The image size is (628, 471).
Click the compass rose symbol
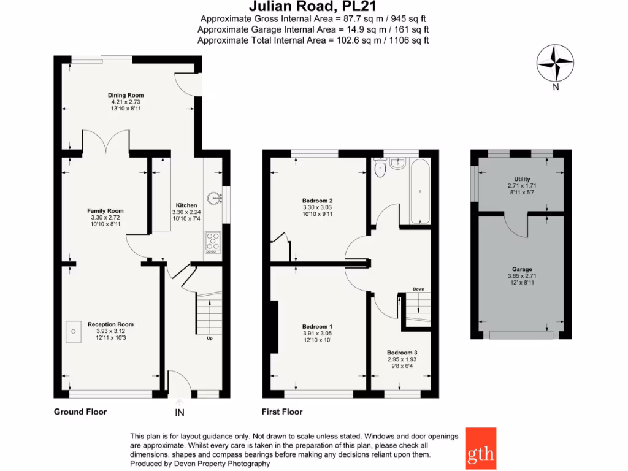tap(555, 64)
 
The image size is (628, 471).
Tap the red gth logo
tap(481, 448)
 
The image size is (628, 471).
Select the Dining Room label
tap(126, 95)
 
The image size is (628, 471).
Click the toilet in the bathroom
tap(380, 169)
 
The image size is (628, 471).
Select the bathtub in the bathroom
tap(420, 191)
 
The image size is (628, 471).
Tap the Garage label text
tap(522, 269)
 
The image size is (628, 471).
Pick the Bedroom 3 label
tap(402, 353)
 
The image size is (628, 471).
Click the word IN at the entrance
tap(180, 413)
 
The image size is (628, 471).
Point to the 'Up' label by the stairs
tap(210, 338)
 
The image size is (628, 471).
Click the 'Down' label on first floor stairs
tap(418, 289)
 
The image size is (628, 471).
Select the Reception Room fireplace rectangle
tap(73, 331)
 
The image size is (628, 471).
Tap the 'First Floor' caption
tap(282, 412)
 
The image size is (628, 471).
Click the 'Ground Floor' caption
tap(80, 412)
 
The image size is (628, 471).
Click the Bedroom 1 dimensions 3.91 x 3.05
tap(318, 333)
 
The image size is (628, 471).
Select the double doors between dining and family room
tap(107, 142)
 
